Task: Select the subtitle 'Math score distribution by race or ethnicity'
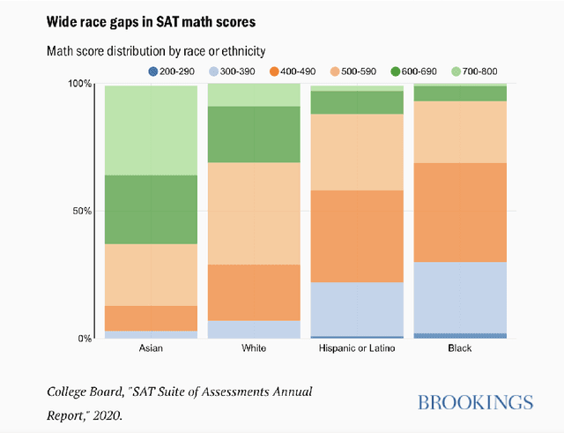click(156, 51)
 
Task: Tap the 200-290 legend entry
click(173, 71)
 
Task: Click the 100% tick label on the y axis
click(80, 84)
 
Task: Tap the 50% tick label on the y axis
click(82, 211)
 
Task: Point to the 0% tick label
click(85, 339)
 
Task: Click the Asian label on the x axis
click(151, 348)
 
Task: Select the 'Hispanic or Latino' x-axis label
click(356, 348)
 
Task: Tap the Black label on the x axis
click(459, 348)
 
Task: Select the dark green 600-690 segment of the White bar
click(254, 134)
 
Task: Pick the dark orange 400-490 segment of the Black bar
click(459, 213)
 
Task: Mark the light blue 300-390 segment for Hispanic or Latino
click(356, 309)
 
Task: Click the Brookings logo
click(475, 403)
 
